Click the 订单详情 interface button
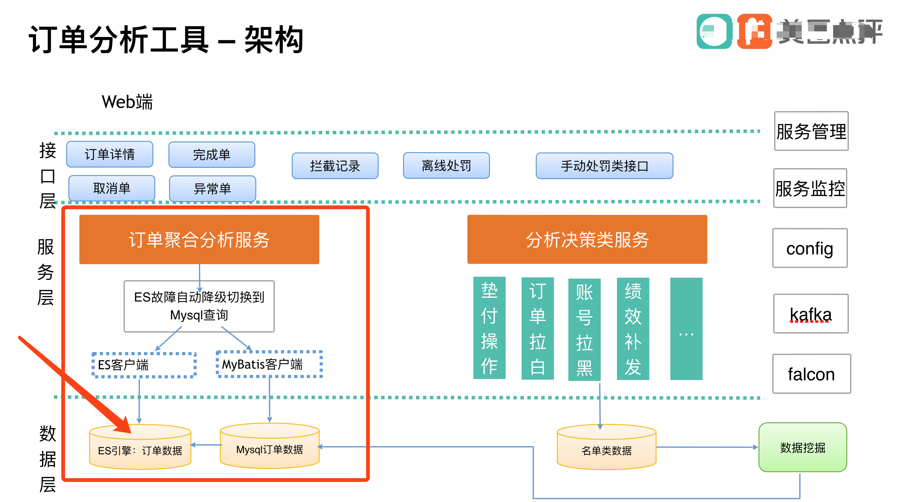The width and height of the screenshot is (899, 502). click(x=109, y=154)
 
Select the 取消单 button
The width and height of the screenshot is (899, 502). click(x=112, y=188)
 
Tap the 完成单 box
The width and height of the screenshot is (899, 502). click(x=211, y=154)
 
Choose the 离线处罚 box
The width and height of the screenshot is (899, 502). click(x=446, y=165)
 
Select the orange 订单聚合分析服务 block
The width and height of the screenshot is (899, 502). click(x=199, y=239)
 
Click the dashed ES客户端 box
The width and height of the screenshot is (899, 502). click(x=144, y=365)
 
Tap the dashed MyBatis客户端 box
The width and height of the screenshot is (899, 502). click(x=269, y=364)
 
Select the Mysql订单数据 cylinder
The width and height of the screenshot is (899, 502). click(x=269, y=449)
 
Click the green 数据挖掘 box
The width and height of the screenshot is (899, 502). click(x=802, y=447)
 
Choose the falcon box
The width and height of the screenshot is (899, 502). click(x=811, y=374)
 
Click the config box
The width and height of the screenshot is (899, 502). click(x=810, y=248)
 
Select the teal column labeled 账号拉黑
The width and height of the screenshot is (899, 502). click(x=584, y=329)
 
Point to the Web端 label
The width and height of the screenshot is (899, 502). click(x=127, y=102)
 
